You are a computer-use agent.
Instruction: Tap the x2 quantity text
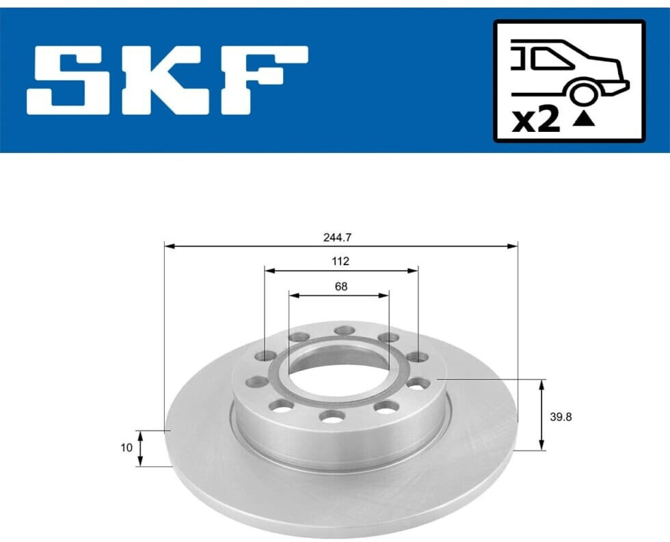(x=536, y=120)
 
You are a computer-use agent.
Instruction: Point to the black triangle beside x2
(x=584, y=120)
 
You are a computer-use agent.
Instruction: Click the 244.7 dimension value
(x=337, y=238)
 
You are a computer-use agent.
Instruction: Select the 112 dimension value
(x=340, y=261)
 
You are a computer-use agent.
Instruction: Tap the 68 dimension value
(x=341, y=286)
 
